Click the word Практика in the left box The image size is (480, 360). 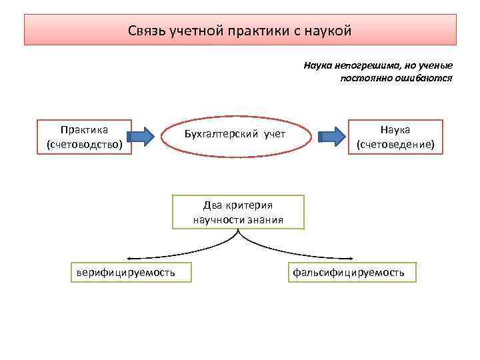pos(84,129)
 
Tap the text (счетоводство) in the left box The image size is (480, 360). pos(84,143)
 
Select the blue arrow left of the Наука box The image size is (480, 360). pos(333,137)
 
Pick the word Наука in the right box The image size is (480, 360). pos(395,129)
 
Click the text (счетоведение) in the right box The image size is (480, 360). pos(395,143)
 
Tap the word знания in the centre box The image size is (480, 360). pos(267,220)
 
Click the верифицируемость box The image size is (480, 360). pos(125,273)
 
